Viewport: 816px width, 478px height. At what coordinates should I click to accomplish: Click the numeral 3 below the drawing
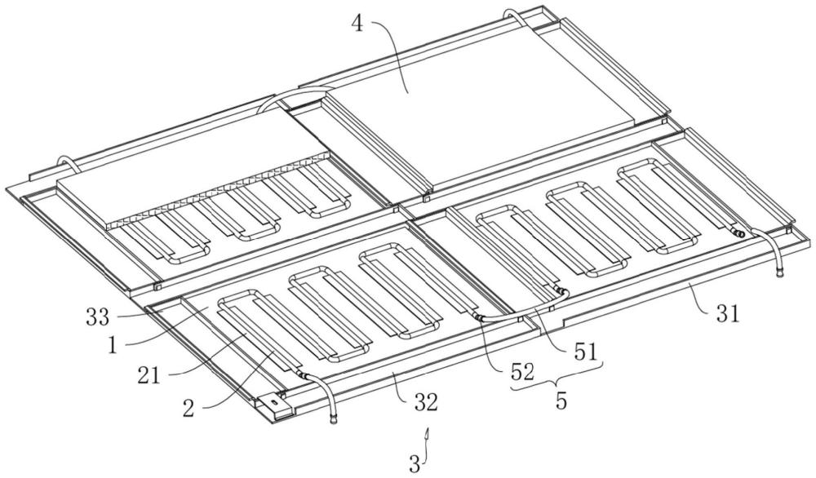(x=415, y=465)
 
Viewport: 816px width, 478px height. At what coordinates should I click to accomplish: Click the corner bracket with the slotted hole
(x=276, y=401)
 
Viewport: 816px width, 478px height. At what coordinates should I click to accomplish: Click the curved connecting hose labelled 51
(x=522, y=307)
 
